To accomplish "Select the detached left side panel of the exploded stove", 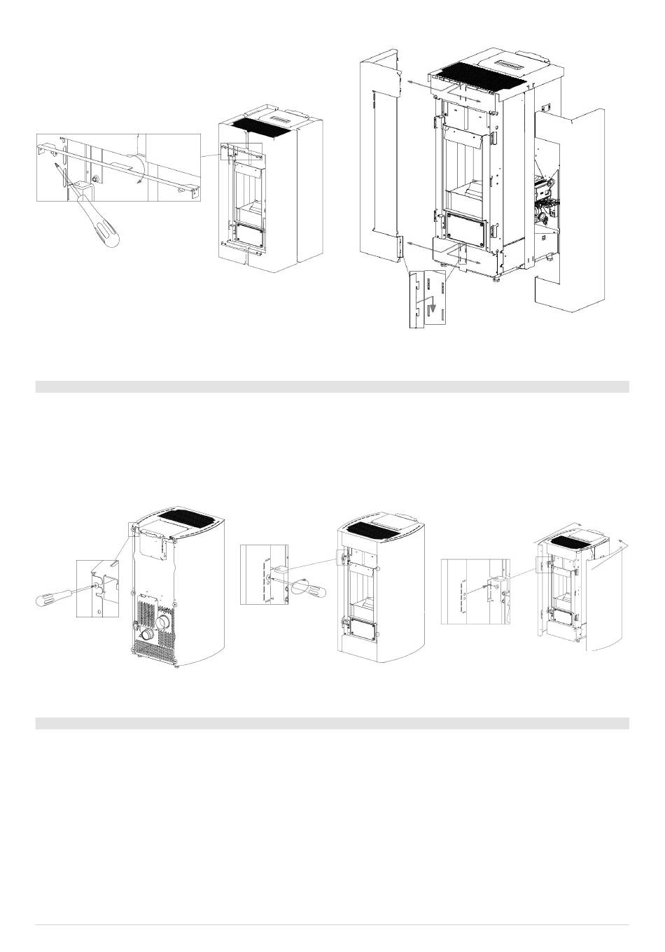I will [379, 161].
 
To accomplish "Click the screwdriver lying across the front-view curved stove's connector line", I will [308, 586].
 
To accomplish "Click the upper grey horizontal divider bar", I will [332, 386].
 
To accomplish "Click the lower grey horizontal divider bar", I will [332, 723].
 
